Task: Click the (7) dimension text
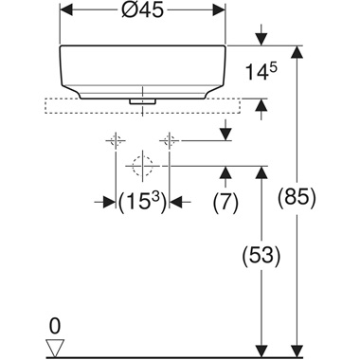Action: [225, 200]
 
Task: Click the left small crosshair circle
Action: [115, 142]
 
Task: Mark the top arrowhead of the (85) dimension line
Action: [300, 50]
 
